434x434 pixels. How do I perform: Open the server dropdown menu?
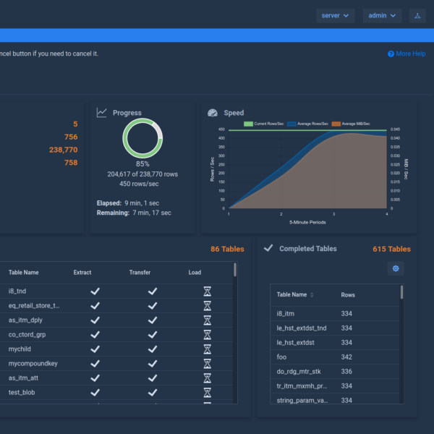pos(335,15)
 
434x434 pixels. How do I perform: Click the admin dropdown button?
pos(382,15)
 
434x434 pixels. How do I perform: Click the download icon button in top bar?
pos(417,15)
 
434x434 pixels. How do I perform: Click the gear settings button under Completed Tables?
pos(395,268)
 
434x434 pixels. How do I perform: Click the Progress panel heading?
pos(127,113)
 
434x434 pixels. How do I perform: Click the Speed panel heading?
pos(234,113)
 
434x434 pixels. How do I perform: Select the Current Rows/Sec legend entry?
pos(265,124)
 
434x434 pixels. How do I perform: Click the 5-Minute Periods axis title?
pos(308,221)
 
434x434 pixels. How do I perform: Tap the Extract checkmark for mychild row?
pos(95,349)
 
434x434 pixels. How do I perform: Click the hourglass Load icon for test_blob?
pos(207,392)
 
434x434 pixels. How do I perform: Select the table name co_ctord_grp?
pos(28,334)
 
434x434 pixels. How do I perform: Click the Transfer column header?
pos(140,273)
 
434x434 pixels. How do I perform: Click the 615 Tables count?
pos(391,249)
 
